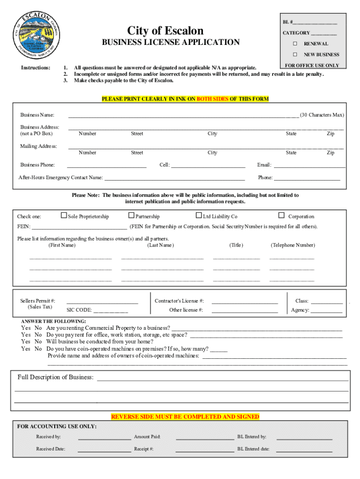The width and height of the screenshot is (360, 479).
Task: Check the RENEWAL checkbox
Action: pyautogui.click(x=295, y=44)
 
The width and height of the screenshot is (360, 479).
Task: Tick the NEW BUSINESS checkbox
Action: pyautogui.click(x=295, y=55)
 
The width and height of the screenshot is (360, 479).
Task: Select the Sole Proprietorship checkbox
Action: pyautogui.click(x=64, y=216)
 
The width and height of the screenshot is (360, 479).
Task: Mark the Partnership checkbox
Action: pyautogui.click(x=131, y=216)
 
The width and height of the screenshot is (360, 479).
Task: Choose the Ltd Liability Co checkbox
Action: pyautogui.click(x=199, y=216)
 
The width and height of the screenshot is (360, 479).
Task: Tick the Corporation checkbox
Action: pyautogui.click(x=281, y=216)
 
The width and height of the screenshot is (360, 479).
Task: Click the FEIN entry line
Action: pyautogui.click(x=79, y=228)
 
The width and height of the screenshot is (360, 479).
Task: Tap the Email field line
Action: pyautogui.click(x=309, y=167)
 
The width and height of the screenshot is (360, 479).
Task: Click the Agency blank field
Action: pyautogui.click(x=326, y=312)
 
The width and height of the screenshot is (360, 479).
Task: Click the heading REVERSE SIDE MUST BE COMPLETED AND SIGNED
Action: pyautogui.click(x=185, y=416)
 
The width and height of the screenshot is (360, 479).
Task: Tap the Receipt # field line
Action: pyautogui.click(x=204, y=451)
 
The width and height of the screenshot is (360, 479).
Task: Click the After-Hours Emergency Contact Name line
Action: pyautogui.click(x=174, y=180)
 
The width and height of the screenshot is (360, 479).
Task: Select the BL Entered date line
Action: pyautogui.click(x=304, y=451)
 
